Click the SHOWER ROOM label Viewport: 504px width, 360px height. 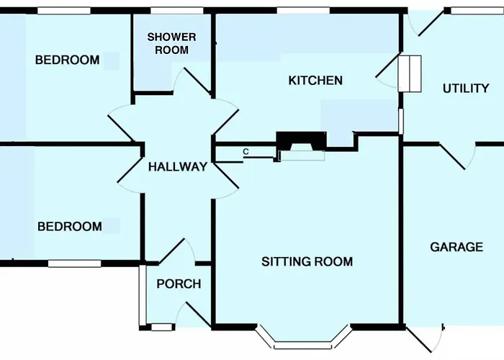click(x=171, y=43)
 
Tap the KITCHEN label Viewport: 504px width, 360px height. click(x=315, y=81)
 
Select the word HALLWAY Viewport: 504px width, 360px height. click(x=178, y=167)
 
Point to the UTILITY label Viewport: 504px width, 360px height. click(x=466, y=89)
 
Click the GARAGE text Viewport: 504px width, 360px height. click(x=456, y=247)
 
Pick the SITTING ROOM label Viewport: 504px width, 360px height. click(x=307, y=261)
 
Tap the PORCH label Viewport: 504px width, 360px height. click(x=179, y=284)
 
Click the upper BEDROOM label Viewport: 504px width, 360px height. click(x=67, y=60)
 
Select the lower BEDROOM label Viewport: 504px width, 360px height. click(x=70, y=227)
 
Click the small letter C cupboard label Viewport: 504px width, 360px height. click(x=246, y=152)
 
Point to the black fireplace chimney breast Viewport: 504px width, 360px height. click(x=302, y=141)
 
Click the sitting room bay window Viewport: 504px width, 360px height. click(x=303, y=341)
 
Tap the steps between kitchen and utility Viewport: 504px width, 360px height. click(x=410, y=73)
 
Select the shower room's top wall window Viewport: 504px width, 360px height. click(x=177, y=11)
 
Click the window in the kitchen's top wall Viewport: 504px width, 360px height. click(x=303, y=11)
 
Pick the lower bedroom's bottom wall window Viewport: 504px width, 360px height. click(x=75, y=264)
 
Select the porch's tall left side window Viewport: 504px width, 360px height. click(x=143, y=295)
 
